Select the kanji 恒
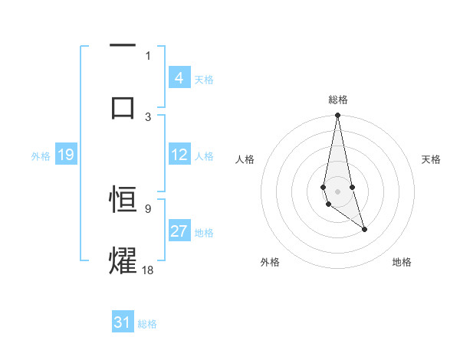(123, 199)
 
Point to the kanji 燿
(123, 259)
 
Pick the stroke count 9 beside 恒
(148, 208)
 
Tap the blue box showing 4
(179, 78)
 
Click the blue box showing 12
(179, 155)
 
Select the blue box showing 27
(179, 231)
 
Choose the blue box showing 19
(65, 155)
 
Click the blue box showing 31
(123, 323)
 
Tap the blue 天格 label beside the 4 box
(204, 79)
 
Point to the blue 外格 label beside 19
(41, 155)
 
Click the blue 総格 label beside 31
(148, 324)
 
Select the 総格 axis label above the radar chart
(338, 100)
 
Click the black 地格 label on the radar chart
(402, 262)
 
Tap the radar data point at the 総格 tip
(337, 116)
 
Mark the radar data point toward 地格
(364, 229)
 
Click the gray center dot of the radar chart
(337, 190)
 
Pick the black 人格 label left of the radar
(245, 159)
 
